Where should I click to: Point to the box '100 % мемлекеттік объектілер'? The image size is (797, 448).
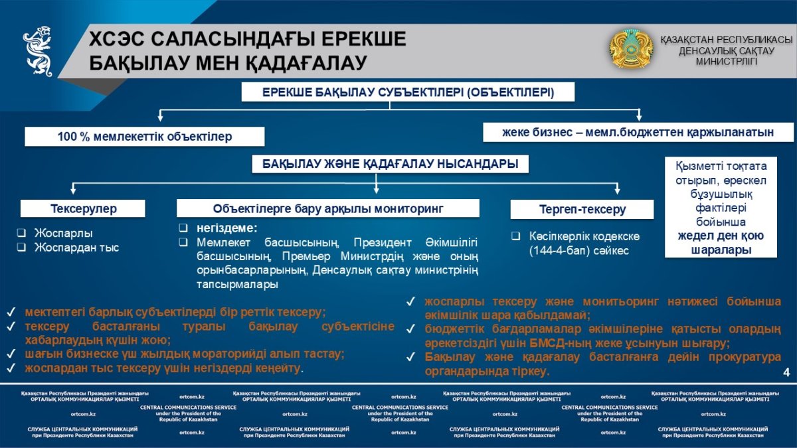pyautogui.click(x=145, y=137)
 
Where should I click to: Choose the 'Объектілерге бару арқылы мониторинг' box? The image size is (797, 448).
pyautogui.click(x=328, y=208)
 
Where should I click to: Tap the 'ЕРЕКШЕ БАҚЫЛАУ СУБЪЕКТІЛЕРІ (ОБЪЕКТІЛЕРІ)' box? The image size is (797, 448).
pyautogui.click(x=408, y=92)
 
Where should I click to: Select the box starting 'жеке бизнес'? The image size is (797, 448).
pyautogui.click(x=638, y=132)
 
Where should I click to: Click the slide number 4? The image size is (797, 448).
pyautogui.click(x=786, y=372)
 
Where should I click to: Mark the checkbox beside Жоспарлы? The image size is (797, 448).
pyautogui.click(x=21, y=234)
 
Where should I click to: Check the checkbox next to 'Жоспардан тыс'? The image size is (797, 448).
pyautogui.click(x=21, y=248)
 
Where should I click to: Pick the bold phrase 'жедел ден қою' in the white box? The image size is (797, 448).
pyautogui.click(x=721, y=236)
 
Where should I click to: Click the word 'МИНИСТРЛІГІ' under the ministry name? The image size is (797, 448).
pyautogui.click(x=726, y=61)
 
